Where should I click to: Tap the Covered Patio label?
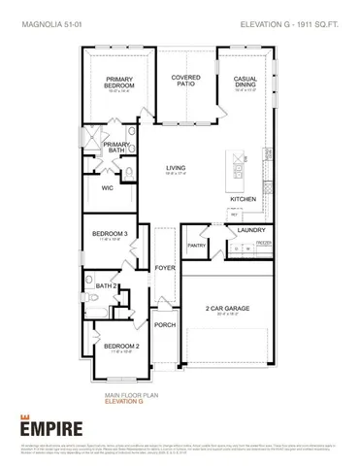[185, 81]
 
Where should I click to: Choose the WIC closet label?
[108, 188]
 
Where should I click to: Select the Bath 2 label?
[107, 286]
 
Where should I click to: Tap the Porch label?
[164, 325]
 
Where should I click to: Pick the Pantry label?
[197, 246]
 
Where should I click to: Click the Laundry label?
[239, 230]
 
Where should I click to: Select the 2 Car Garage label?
[229, 309]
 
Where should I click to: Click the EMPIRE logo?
[46, 423]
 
